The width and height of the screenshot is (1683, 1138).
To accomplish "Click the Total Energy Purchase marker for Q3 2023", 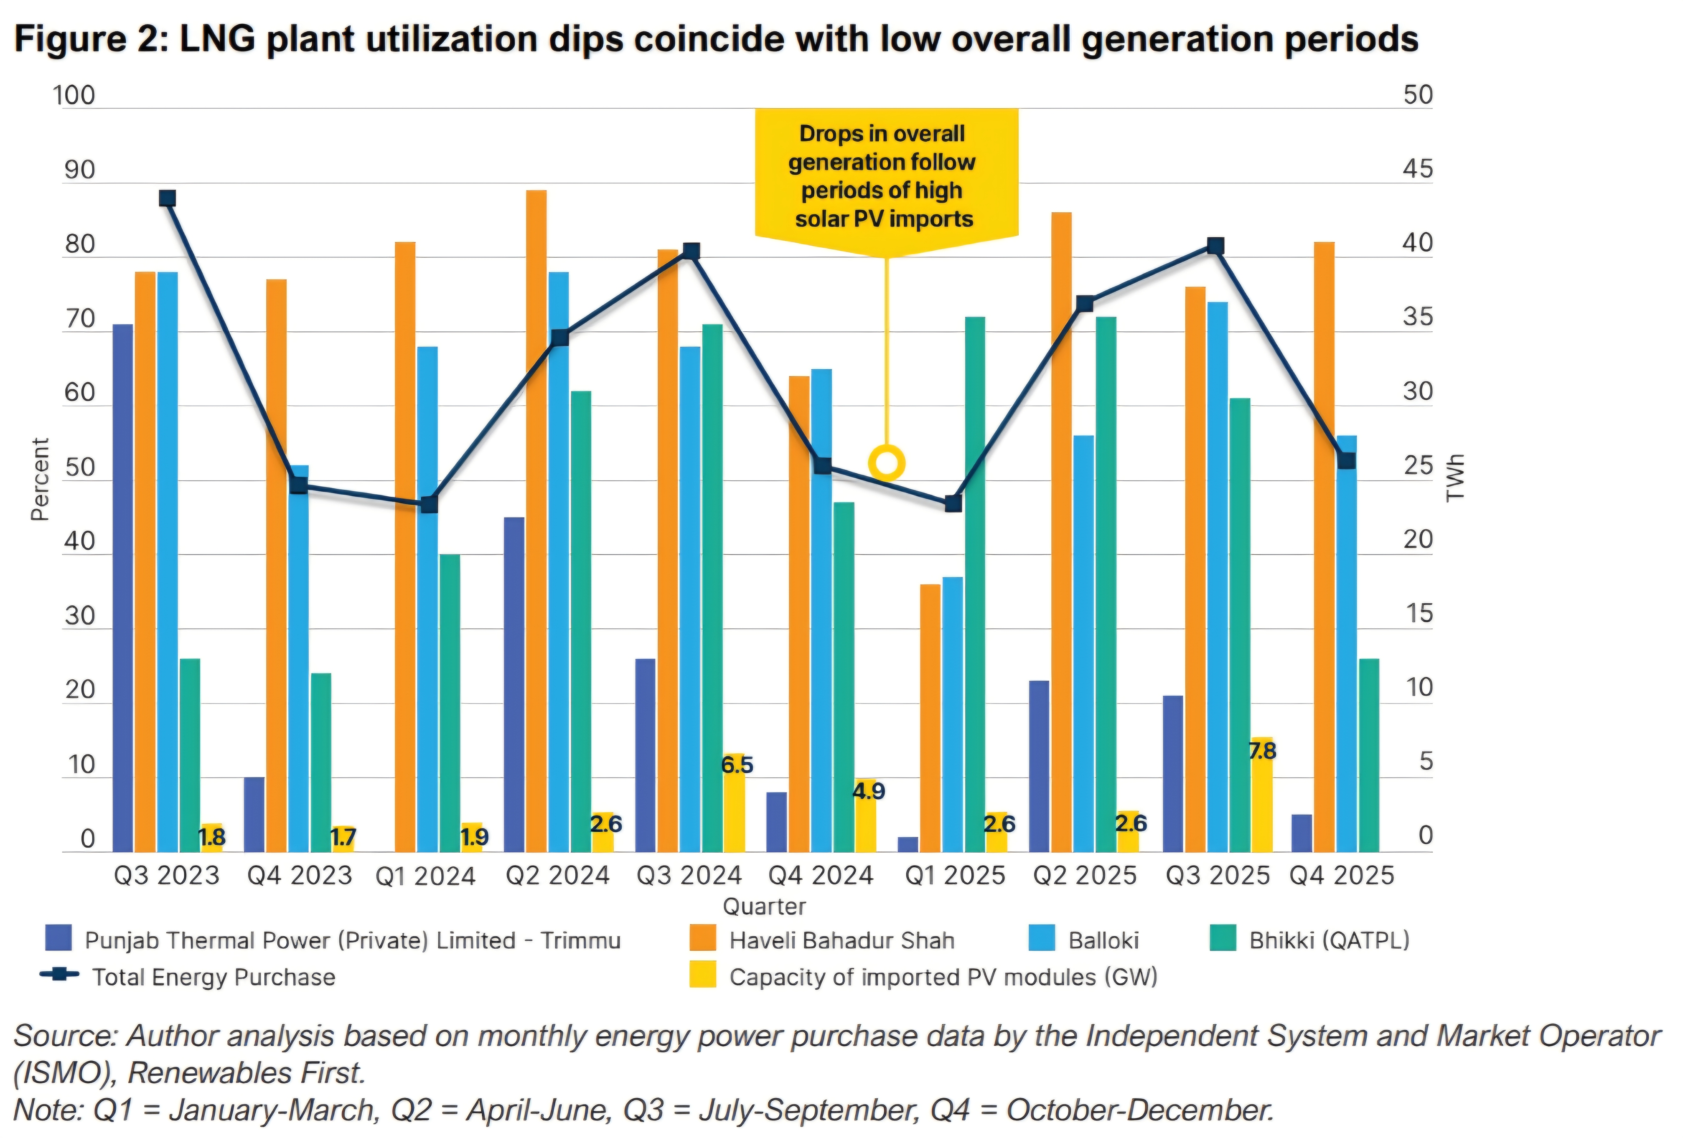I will (x=167, y=198).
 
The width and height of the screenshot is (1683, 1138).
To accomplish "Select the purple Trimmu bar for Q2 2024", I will (x=514, y=684).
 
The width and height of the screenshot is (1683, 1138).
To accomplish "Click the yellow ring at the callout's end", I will (x=886, y=462).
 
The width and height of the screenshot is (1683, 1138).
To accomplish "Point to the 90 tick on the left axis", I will (x=80, y=171).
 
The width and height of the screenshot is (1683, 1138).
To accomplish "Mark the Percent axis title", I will (x=40, y=479).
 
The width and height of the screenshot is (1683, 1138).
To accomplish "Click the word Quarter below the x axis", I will (x=764, y=906).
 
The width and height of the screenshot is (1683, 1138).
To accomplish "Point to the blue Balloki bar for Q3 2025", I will (x=1218, y=576).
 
